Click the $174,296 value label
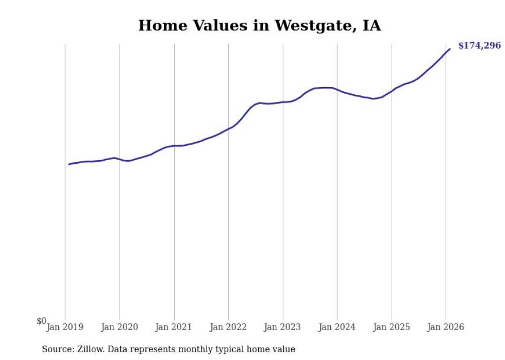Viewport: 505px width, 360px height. tap(479, 46)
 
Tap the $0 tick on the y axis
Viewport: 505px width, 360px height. tap(41, 321)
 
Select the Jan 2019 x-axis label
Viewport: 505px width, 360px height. tap(65, 327)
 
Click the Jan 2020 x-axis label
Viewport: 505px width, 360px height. tap(120, 327)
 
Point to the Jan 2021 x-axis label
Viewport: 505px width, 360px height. tap(174, 327)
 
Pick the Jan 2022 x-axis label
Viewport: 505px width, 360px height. tap(228, 327)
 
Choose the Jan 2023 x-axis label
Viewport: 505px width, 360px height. tap(283, 327)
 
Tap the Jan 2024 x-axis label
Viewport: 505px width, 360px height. tap(337, 327)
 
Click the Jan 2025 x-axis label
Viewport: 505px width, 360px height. tap(392, 327)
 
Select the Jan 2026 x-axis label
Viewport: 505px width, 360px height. tap(446, 327)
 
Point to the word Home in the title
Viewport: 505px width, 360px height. tap(158, 26)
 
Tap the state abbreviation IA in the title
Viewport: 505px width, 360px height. tap(372, 26)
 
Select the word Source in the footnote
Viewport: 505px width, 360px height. tap(57, 349)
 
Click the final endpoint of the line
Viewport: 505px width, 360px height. tap(450, 49)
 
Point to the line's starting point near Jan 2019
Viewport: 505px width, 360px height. tap(69, 164)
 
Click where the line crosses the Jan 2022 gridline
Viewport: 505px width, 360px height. tap(228, 129)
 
